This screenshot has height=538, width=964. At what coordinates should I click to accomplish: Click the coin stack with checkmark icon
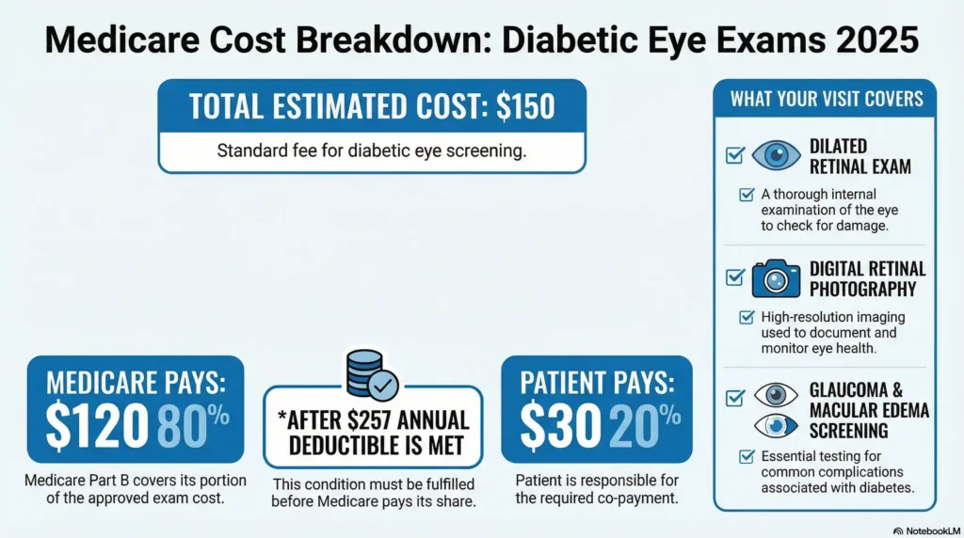click(371, 373)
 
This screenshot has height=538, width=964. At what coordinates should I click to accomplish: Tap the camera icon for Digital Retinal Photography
click(775, 278)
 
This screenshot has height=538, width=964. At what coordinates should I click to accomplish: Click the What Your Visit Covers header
click(826, 99)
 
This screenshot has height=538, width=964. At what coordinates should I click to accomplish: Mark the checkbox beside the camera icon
click(734, 277)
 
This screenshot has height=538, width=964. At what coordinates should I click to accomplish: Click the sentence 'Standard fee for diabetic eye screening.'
click(371, 150)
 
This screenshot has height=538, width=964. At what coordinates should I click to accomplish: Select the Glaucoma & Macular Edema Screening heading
click(868, 411)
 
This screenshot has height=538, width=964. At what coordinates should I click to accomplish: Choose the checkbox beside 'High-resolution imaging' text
click(747, 317)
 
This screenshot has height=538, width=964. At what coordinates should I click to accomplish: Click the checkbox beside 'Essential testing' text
click(747, 456)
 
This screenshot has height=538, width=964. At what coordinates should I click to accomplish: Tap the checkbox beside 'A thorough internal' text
click(747, 195)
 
